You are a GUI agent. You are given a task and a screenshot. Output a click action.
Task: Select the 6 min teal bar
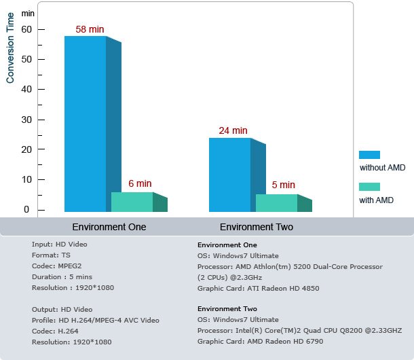(132, 202)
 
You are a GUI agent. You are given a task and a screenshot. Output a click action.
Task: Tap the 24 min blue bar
(229, 175)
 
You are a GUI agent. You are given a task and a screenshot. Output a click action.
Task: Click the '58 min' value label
(90, 30)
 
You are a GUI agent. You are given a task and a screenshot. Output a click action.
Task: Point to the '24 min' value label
(233, 130)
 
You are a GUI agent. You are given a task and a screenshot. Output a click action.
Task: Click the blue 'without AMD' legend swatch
(369, 155)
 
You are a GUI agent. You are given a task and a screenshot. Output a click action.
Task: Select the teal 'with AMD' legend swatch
(369, 187)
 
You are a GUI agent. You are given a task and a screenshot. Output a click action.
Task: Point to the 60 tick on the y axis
(26, 29)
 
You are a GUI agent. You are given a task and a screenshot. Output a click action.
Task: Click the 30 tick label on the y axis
(26, 120)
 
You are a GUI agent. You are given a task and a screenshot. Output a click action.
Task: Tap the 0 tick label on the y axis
(26, 209)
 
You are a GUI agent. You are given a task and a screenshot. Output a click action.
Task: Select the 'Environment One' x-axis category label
(109, 227)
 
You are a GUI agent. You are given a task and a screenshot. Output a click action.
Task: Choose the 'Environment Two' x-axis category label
(257, 227)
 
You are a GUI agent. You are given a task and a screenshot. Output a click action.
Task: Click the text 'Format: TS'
(51, 255)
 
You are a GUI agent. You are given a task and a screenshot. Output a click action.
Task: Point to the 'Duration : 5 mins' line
(62, 276)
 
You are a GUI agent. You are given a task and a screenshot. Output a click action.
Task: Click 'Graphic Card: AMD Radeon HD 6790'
(259, 342)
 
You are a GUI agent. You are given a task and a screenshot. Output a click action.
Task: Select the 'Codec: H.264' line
(54, 331)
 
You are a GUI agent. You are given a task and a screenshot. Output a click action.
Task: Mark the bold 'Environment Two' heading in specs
(227, 309)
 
